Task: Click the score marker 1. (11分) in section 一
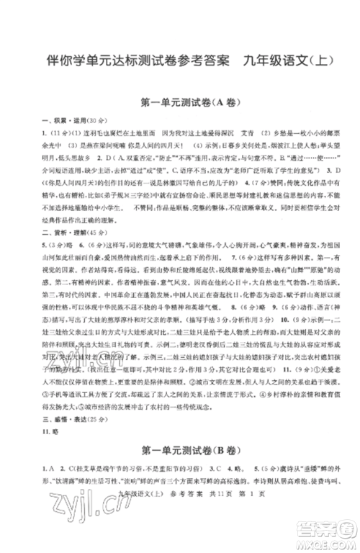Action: tap(60, 132)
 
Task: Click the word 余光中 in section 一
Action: tap(53, 144)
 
